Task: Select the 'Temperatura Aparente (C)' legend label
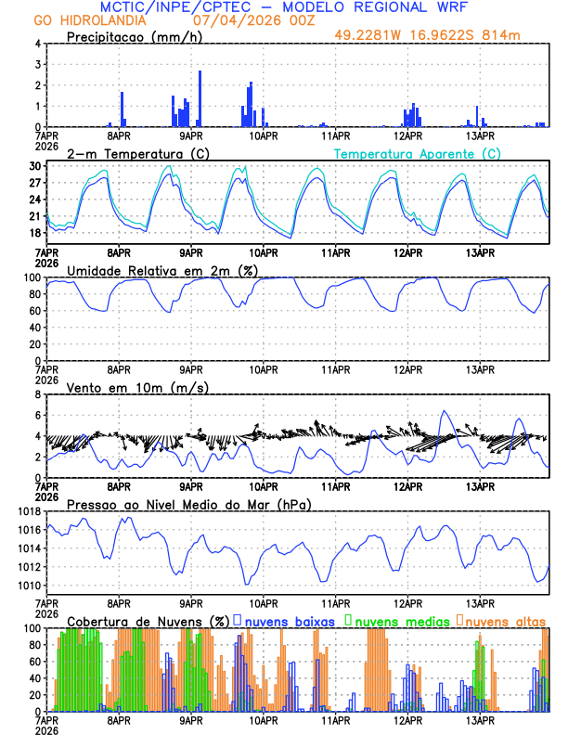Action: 417,153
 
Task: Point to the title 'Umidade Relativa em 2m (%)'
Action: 158,270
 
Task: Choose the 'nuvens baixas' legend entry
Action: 290,620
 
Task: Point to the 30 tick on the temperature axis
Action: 34,166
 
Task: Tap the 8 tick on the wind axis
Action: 37,394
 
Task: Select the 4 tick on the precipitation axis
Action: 37,44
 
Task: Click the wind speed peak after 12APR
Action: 445,410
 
